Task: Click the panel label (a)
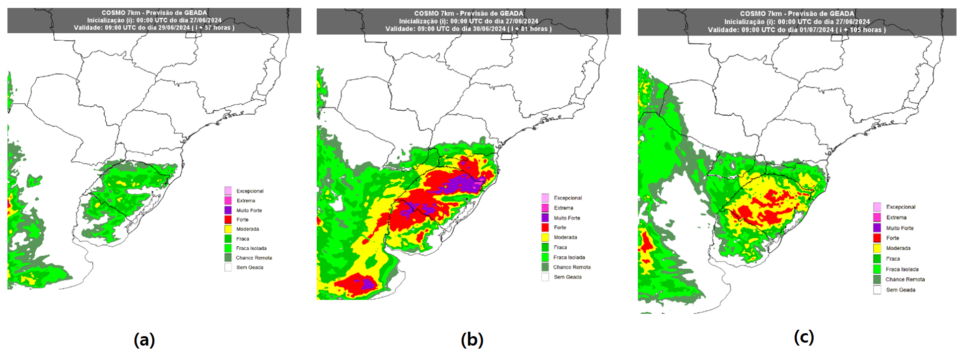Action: (144, 340)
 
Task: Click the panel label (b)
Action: (472, 340)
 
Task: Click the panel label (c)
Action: (804, 337)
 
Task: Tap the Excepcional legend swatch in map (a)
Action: (228, 191)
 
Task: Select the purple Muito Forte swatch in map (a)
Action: (228, 210)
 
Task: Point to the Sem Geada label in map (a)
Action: (250, 267)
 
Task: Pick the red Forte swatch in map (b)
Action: (545, 227)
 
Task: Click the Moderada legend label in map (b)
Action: (565, 237)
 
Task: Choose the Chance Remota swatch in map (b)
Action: (545, 267)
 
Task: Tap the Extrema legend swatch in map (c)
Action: (877, 217)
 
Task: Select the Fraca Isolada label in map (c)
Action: (902, 269)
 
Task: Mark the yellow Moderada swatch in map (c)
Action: (877, 248)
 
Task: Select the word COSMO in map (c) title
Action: (751, 14)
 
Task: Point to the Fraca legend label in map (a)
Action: (243, 239)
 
